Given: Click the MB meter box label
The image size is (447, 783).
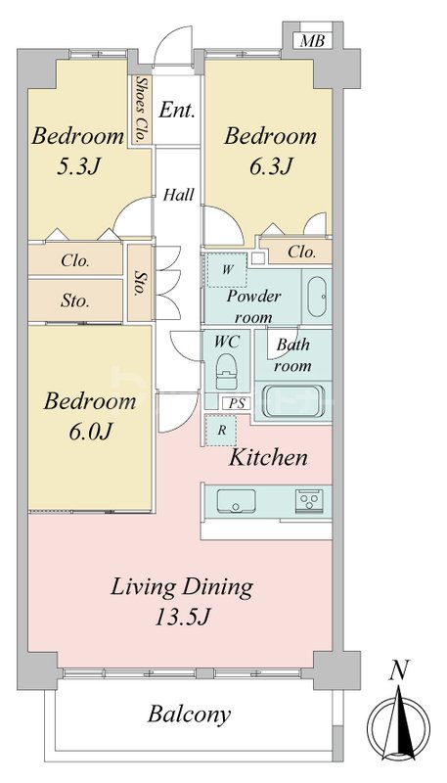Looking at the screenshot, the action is pos(312,41).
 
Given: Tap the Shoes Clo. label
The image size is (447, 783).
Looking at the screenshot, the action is pos(142,109).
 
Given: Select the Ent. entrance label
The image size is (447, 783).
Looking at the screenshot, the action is pos(177,110).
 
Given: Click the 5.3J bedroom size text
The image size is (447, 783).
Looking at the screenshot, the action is pos(79,167).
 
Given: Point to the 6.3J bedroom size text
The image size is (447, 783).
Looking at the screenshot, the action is pos(270,165).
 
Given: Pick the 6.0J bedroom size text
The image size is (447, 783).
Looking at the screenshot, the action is pos(90,431).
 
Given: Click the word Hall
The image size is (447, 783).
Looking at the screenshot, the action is pos(179,194).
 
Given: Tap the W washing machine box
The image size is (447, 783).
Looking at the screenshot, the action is pos(227,270).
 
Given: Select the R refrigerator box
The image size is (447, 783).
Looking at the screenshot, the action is pos(222,430).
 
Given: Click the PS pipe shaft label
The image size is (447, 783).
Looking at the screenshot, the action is pos(237,403).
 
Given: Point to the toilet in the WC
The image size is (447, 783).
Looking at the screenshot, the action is pos(227,372).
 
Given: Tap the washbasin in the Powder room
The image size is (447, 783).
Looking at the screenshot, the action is pos(317,297).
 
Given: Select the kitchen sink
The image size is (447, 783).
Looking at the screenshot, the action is pos(236,500).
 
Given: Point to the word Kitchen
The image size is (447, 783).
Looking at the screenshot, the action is pos(268,457).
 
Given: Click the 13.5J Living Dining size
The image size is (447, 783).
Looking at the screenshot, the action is pos(181,619).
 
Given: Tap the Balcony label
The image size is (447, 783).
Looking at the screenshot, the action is pos(189,714).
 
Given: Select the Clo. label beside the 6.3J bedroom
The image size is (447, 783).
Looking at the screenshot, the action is pos(302,253).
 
